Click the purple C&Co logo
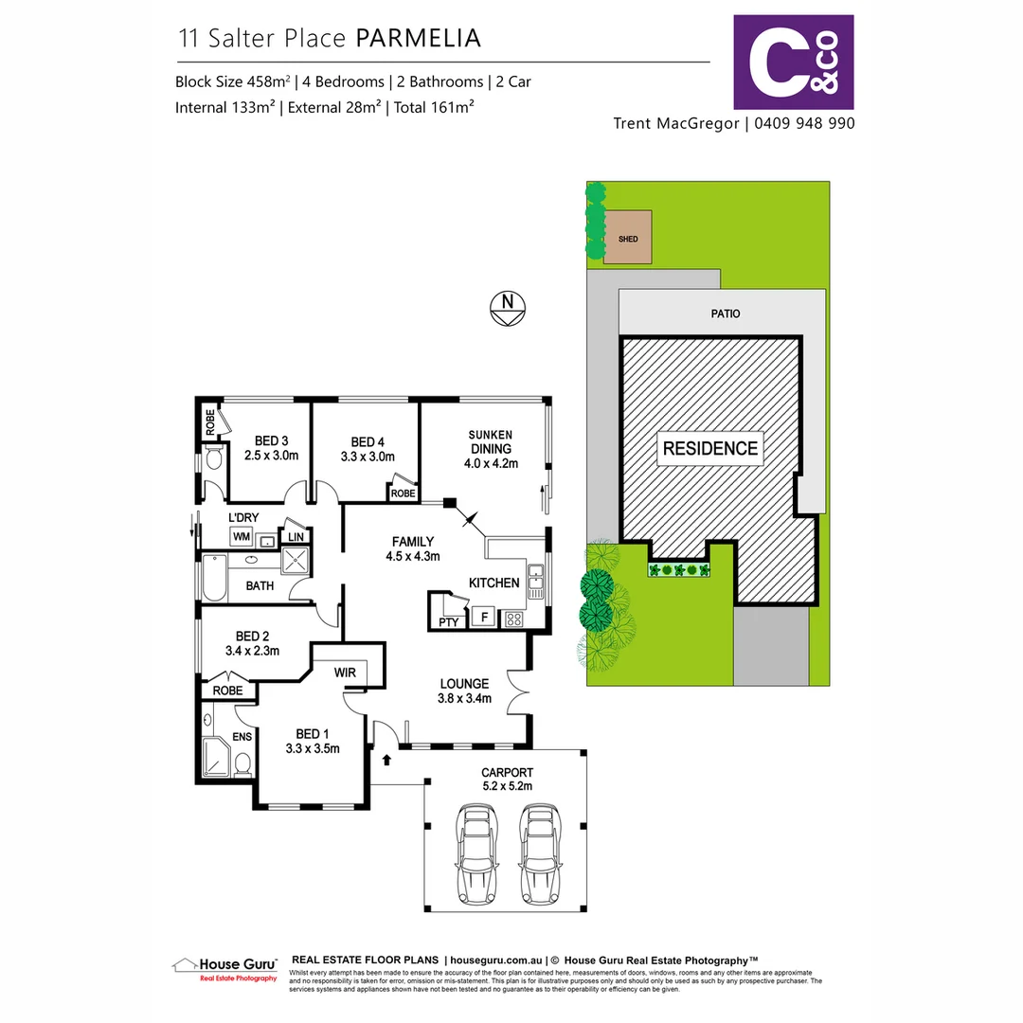[794, 62]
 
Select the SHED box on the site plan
[628, 237]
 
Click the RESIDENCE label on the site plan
[709, 448]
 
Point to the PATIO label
[727, 313]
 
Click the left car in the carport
[476, 853]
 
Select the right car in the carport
[539, 853]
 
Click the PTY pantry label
[448, 621]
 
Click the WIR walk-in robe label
[344, 673]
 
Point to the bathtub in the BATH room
[213, 578]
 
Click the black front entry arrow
[386, 759]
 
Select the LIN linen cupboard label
[296, 537]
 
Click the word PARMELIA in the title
[418, 38]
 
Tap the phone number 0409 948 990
[804, 123]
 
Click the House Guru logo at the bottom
[225, 968]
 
